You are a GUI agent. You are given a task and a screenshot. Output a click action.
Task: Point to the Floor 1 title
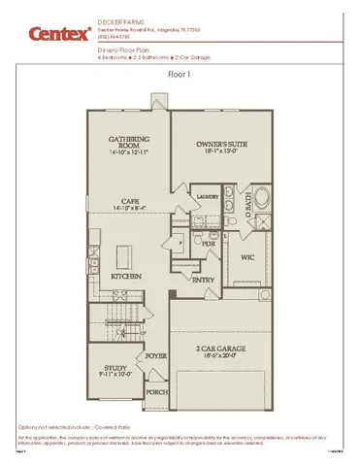[x=180, y=73]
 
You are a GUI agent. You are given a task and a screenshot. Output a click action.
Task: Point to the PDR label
[x=207, y=244]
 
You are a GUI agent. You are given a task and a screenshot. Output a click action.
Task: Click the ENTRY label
[x=204, y=280]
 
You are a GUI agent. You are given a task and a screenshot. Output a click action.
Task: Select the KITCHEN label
[x=127, y=277]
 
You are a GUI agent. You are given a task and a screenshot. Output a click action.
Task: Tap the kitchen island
[x=125, y=256]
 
